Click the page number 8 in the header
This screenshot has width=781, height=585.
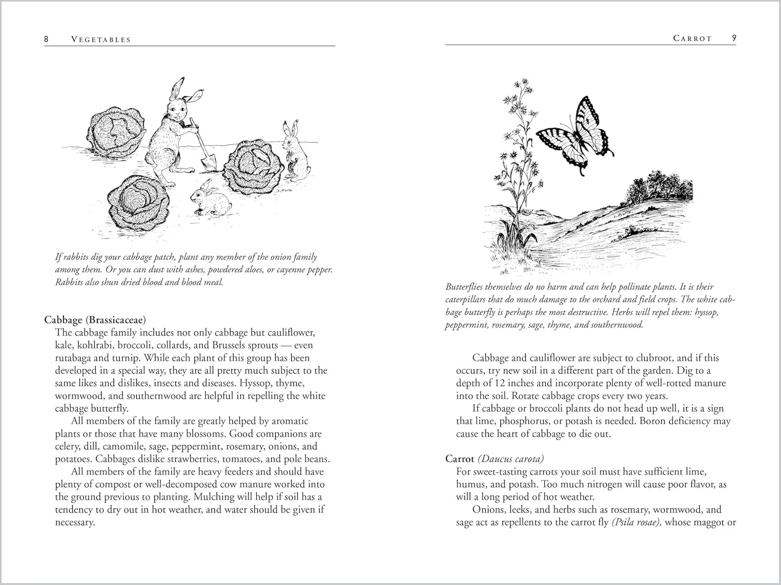coord(46,39)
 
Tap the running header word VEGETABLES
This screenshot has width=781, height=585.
coord(101,40)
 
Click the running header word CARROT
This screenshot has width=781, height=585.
coord(692,38)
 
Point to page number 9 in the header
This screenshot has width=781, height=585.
coord(734,38)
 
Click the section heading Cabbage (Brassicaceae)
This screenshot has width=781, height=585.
coord(95,320)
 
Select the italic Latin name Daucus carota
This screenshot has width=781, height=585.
coord(511,459)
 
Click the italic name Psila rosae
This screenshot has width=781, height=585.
coord(637,522)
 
